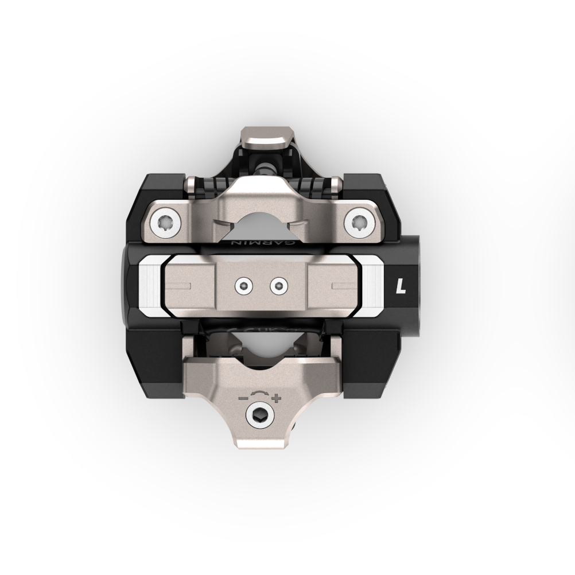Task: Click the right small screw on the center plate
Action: tap(278, 285)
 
